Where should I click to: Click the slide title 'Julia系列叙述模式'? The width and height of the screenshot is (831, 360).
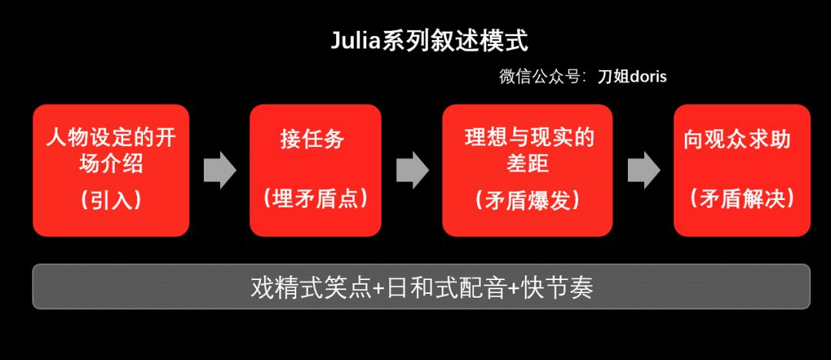tap(429, 41)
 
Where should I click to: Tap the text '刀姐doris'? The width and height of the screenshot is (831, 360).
tap(632, 77)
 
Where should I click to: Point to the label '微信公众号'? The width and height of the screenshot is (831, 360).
tap(539, 77)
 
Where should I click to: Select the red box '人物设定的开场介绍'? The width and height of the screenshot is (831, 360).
tap(111, 170)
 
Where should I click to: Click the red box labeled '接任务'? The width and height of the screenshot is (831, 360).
tap(315, 170)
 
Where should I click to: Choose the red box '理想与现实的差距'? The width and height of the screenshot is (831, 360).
tap(527, 170)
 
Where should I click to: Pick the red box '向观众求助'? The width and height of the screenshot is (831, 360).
tap(742, 170)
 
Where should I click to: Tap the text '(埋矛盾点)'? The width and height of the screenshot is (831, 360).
tap(315, 198)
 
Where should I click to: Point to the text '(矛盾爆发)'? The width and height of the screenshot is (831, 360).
tap(527, 200)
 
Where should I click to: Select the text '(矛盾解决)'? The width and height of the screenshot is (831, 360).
tap(742, 198)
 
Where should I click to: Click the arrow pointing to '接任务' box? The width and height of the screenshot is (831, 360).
tap(219, 170)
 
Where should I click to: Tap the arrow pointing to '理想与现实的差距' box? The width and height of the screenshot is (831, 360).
tap(412, 170)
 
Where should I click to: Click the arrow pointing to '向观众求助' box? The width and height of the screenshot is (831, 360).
tap(643, 170)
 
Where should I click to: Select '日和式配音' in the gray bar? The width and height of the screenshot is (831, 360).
tap(431, 288)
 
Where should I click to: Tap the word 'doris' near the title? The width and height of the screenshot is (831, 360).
tap(648, 77)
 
